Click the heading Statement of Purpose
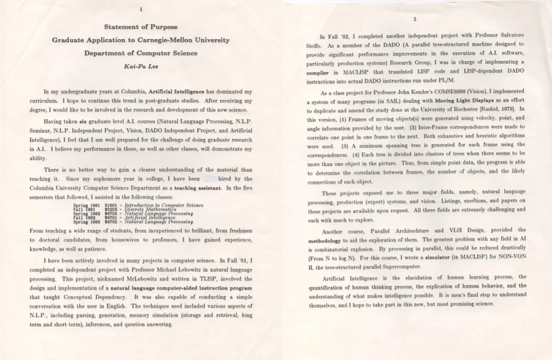[141, 27]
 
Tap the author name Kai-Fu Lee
[141, 66]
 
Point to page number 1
[141, 9]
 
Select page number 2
[415, 19]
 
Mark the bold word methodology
[324, 240]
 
